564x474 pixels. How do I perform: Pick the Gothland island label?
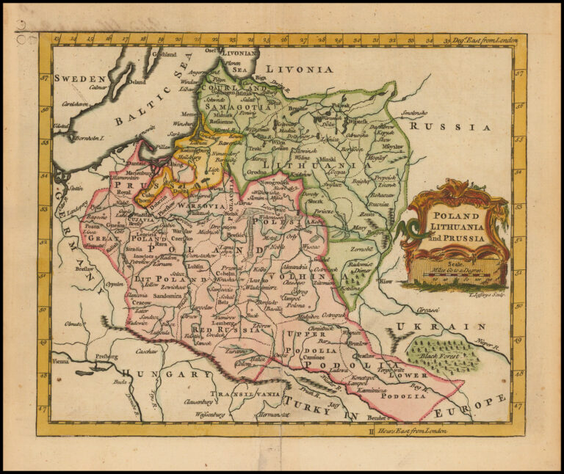pos(164,54)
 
